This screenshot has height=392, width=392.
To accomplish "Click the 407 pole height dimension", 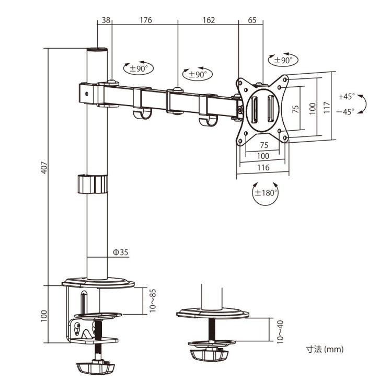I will coord(44,168).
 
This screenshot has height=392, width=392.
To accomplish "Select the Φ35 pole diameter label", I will coord(121,252).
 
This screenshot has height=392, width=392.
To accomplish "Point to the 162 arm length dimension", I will coord(208,20).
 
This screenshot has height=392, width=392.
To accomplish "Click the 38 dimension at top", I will coord(105,20).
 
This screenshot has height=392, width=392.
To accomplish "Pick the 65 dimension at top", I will coord(251,20).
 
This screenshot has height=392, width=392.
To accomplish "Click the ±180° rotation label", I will coord(266,192).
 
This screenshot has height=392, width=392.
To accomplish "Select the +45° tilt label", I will coord(346,97).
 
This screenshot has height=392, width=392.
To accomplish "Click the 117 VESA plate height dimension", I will coord(327,107).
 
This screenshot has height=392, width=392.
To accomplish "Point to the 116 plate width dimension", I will coord(263,168).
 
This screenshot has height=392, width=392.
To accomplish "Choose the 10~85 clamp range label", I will coord(153,300).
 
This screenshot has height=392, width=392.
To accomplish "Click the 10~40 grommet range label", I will coord(280,330).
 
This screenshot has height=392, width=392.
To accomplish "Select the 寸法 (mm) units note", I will coord(325,349).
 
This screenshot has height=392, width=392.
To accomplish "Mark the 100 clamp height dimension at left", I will coord(44,315).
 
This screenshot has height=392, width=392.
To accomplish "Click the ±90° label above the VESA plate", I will coord(283,60).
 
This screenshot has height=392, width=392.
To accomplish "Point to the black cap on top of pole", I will coord(98,50).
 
